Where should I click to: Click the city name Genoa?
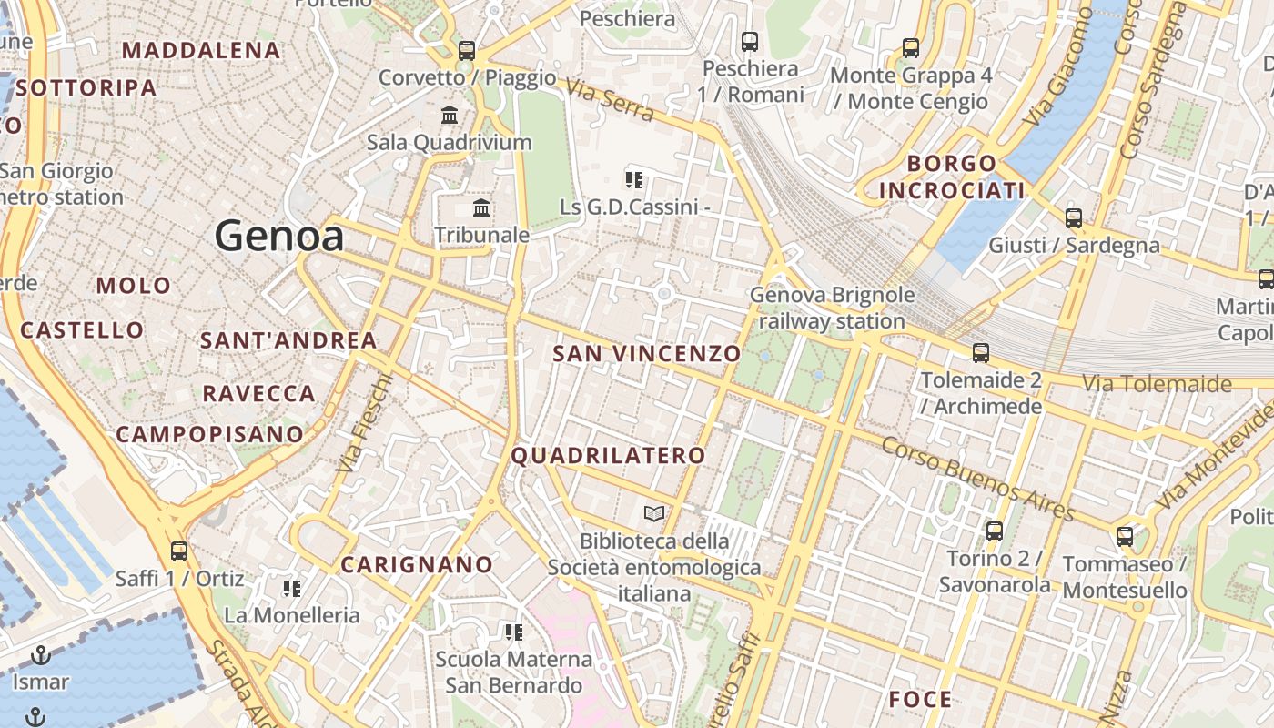279,237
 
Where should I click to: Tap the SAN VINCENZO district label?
646,353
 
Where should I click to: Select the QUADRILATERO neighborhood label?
608,455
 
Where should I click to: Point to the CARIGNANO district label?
417,564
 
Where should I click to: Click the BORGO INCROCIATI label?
952,177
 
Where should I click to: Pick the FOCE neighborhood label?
920,699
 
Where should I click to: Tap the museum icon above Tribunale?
481,208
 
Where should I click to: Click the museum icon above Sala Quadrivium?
450,116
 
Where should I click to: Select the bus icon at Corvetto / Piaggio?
467,51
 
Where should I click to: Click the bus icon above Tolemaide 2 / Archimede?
980,353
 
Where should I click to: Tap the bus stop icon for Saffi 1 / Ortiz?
179,551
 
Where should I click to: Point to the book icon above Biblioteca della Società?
653,514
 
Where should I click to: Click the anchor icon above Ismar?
40,655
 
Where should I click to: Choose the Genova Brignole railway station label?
832,308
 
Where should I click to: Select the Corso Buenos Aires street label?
977,478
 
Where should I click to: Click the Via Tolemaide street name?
1156,383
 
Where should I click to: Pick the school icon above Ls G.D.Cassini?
634,179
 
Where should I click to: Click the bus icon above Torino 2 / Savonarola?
995,531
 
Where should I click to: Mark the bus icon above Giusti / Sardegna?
1074,218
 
